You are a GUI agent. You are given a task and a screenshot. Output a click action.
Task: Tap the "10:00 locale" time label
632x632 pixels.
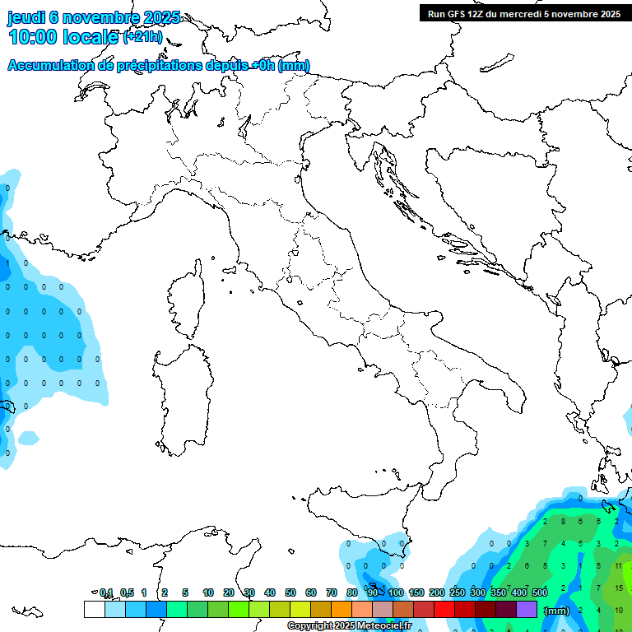pos(64,37)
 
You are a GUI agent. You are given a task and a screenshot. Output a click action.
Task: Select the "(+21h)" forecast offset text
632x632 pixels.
pos(142,37)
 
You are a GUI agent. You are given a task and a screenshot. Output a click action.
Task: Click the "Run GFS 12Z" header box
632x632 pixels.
pos(522,13)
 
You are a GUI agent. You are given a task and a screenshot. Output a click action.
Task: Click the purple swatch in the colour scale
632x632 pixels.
pos(527,609)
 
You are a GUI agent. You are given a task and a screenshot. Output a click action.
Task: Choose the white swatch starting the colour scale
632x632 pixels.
pos(94,609)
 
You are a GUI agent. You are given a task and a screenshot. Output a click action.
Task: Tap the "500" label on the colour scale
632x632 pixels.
pos(540,592)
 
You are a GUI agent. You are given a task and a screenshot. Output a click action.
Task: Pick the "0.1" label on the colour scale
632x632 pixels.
pos(106,592)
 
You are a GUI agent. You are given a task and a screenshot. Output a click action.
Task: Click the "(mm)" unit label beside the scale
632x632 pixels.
pos(557,611)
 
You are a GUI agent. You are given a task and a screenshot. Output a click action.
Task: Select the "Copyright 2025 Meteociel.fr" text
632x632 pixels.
pos(349,625)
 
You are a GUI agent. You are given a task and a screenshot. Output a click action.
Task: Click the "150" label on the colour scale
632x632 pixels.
pos(416,592)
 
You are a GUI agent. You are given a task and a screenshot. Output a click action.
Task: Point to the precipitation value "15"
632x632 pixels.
pos(619,588)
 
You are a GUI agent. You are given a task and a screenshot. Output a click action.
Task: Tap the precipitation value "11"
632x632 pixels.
pos(619,566)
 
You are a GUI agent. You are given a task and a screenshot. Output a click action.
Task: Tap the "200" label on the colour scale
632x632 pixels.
pos(436,592)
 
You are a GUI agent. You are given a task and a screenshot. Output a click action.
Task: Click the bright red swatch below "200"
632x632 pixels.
pos(444,609)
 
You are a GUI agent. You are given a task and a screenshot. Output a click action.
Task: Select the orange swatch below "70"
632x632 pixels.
pos(342,609)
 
